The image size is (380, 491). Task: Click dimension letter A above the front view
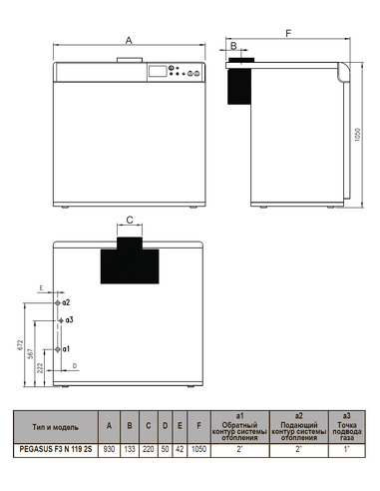pyautogui.click(x=129, y=40)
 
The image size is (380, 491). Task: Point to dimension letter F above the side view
pyautogui.click(x=288, y=34)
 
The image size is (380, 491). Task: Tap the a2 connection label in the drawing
pyautogui.click(x=66, y=300)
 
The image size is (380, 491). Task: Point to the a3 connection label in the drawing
pyautogui.click(x=69, y=319)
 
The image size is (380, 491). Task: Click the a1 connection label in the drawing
pyautogui.click(x=66, y=349)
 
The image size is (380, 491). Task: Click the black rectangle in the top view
pyautogui.click(x=130, y=263)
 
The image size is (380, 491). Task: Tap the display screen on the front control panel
pyautogui.click(x=156, y=72)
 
